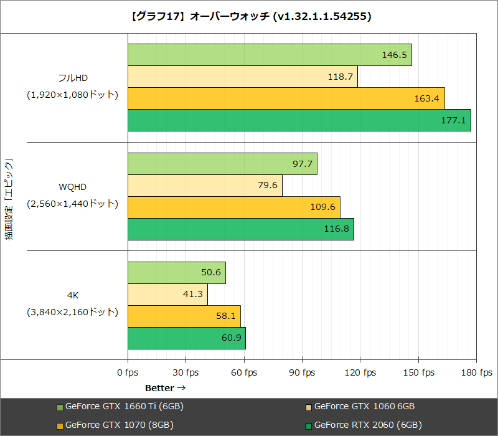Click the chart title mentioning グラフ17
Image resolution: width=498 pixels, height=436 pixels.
[x=249, y=17]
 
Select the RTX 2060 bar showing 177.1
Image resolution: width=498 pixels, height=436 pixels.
[x=299, y=120]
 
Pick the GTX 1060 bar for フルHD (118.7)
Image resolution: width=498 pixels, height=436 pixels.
[x=242, y=77]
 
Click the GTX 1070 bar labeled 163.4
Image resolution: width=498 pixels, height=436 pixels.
[x=286, y=98]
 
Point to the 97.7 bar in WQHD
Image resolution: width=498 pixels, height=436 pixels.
[x=222, y=164]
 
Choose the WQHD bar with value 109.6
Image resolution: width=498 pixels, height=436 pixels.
[x=233, y=207]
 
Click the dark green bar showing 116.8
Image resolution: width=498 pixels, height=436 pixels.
[x=240, y=229]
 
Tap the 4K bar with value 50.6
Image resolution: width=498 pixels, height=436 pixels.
[x=176, y=273]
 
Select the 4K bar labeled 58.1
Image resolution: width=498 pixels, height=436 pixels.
[x=184, y=316]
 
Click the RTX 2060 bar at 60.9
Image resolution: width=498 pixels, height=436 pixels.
[x=186, y=338]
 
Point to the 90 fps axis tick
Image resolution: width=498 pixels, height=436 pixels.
[x=302, y=372]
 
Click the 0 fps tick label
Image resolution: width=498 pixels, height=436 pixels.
[x=128, y=372]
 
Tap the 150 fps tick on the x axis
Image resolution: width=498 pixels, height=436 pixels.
[x=418, y=372]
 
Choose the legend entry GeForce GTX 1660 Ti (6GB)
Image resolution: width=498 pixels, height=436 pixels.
[x=124, y=407]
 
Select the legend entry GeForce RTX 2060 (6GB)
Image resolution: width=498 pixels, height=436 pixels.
[x=368, y=425]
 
